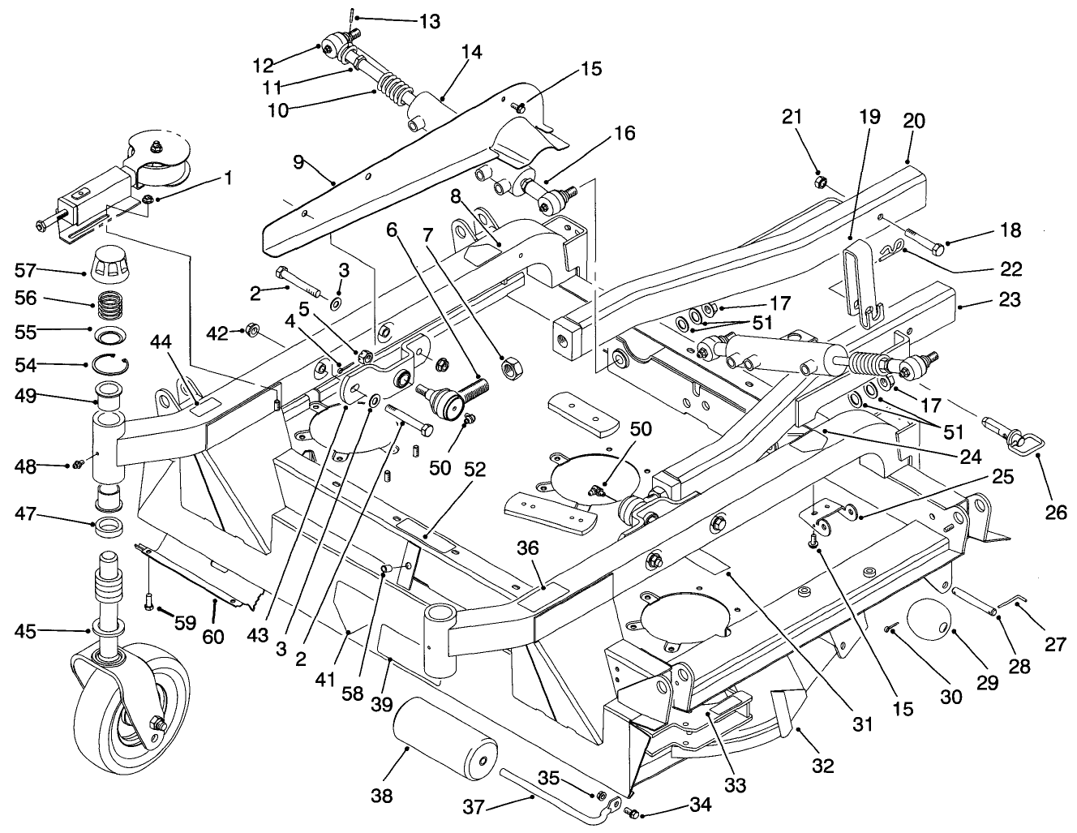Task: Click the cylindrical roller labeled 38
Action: [444, 745]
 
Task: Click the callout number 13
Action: [424, 21]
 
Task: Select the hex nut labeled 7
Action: [512, 369]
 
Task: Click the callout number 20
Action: [913, 122]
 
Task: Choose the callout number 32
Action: [823, 766]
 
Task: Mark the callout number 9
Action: [298, 163]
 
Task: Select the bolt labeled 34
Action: [633, 812]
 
